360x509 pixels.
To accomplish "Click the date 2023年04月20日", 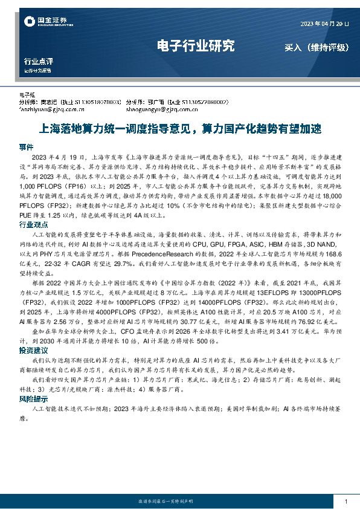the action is point(325,24).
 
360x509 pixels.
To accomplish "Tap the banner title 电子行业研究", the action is point(195,46).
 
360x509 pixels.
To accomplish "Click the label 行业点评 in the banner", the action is point(39,62).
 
